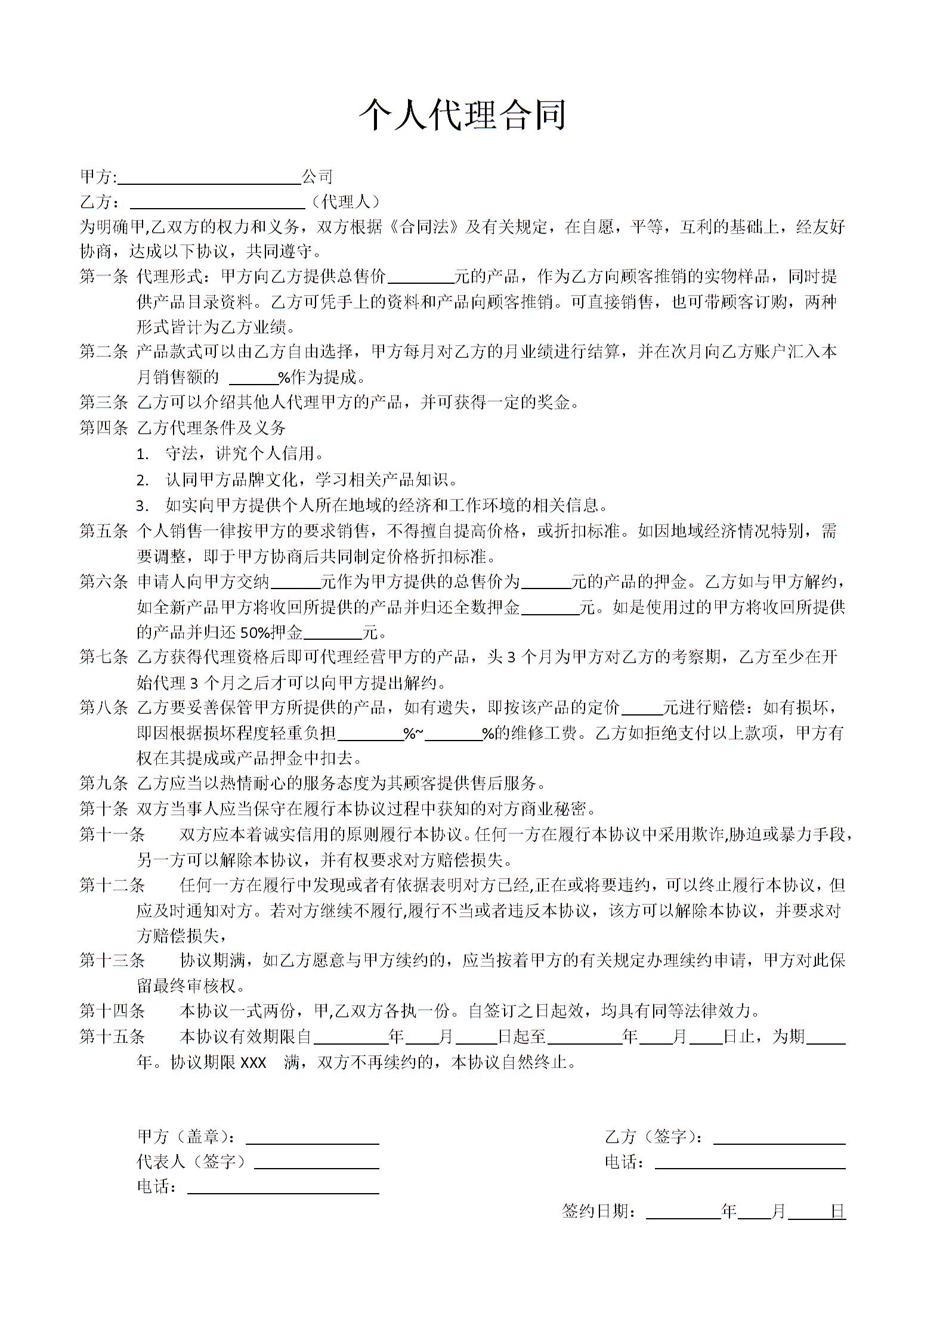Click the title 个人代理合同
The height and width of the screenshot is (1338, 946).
point(462,114)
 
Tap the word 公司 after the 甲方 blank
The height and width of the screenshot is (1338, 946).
point(317,176)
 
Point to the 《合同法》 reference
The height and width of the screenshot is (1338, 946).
point(424,227)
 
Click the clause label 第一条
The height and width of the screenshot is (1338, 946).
point(104,277)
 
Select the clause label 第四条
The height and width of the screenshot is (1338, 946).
point(104,428)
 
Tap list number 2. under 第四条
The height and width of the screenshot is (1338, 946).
point(143,481)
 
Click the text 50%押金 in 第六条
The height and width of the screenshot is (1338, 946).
point(271,633)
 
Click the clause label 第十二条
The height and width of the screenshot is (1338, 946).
point(112,885)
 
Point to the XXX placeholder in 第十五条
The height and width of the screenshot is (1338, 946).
point(253,1063)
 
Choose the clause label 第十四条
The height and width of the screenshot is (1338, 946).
point(112,1011)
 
